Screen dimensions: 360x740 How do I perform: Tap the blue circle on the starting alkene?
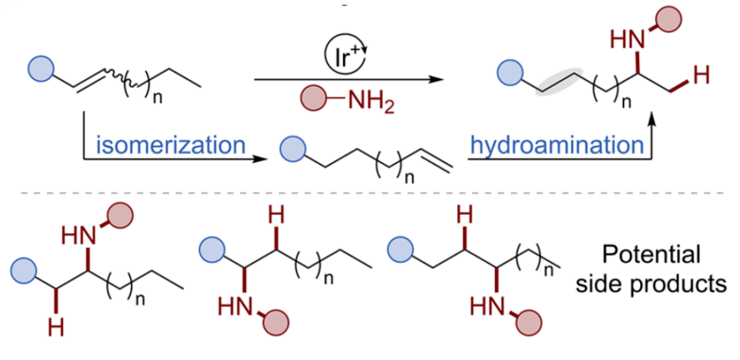coord(40,68)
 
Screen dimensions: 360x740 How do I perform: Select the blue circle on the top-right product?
coord(511,70)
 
